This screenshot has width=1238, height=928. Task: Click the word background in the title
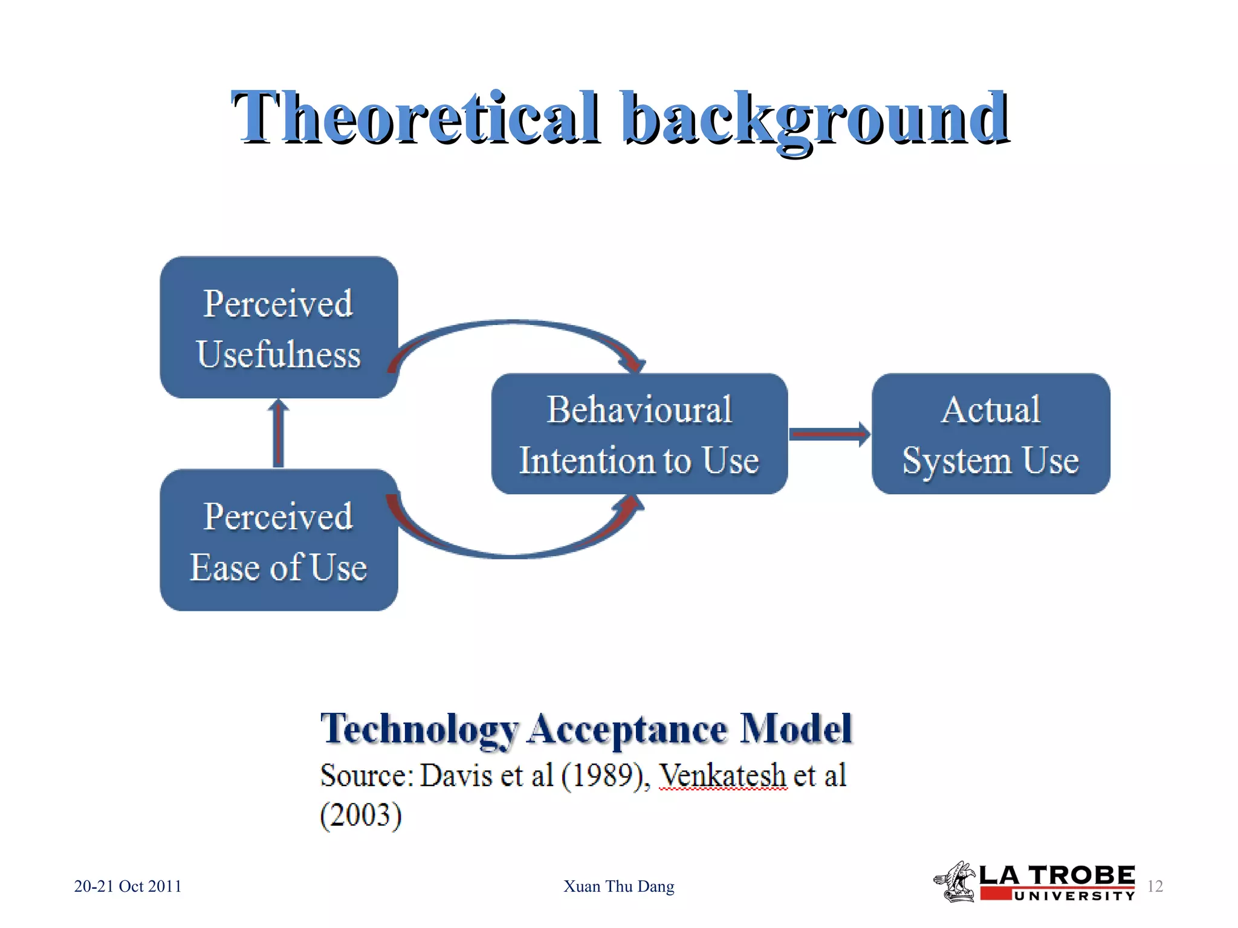pos(815,118)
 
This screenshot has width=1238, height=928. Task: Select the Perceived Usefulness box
pos(279,327)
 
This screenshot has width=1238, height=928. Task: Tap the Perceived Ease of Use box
pos(279,540)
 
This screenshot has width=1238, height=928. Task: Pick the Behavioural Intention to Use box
pos(639,434)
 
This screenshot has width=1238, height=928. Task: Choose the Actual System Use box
pos(990,434)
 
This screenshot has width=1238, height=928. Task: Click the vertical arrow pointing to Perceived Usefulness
pos(279,434)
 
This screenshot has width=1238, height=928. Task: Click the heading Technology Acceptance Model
pos(586,729)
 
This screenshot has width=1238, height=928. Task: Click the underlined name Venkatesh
pos(722,775)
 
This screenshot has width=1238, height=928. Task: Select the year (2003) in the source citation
pos(361,815)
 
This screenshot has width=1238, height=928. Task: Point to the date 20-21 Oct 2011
pos(128,886)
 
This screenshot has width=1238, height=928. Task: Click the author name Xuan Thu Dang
pos(618,886)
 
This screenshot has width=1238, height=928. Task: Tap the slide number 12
pos(1155,886)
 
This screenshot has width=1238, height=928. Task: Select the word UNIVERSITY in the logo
pos(1074,896)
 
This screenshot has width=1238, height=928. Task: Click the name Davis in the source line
pos(456,775)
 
